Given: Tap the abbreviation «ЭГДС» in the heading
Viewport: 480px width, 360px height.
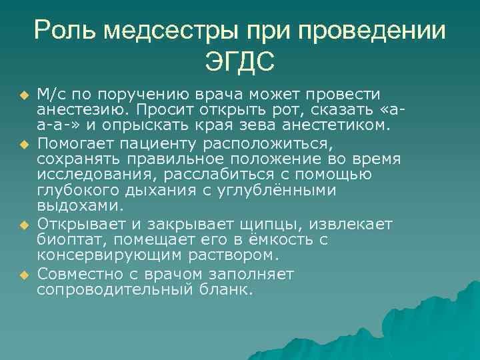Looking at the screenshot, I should [x=240, y=64].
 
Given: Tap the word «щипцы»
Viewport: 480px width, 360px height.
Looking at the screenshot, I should [x=259, y=223].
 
